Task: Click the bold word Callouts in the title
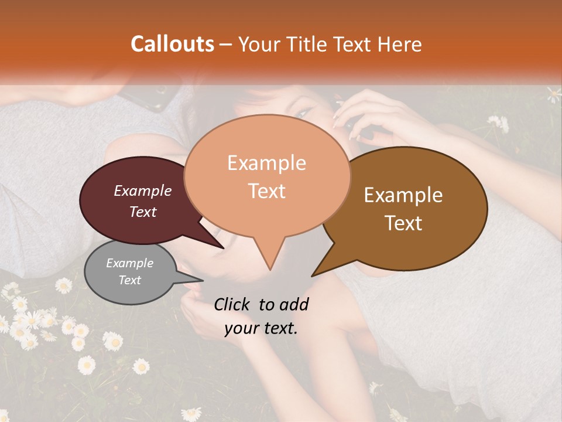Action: coord(172,44)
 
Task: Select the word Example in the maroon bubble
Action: coord(142,190)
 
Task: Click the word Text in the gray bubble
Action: coord(130,280)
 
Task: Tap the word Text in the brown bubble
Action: coord(404,223)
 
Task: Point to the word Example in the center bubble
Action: coord(266,163)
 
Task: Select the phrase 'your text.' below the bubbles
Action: coord(261,328)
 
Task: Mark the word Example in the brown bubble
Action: coord(403,195)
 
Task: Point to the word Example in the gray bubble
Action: coord(129,263)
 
